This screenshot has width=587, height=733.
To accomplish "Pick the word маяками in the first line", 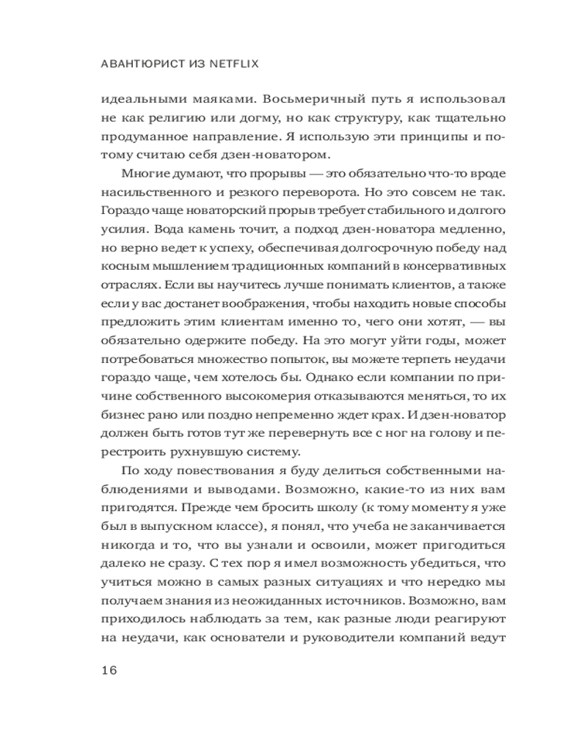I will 217,98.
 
